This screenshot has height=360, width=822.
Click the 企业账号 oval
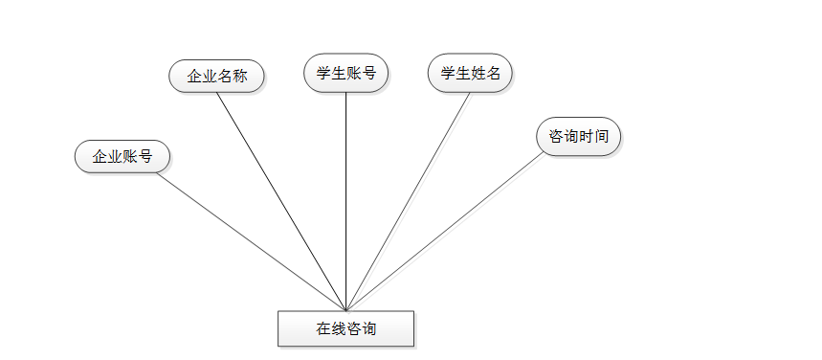pyautogui.click(x=122, y=156)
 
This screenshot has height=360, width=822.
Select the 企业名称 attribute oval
pyautogui.click(x=217, y=77)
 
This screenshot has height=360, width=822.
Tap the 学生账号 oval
pyautogui.click(x=345, y=73)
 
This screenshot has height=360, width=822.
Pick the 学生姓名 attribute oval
pyautogui.click(x=471, y=73)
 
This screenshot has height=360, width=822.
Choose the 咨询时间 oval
pyautogui.click(x=578, y=137)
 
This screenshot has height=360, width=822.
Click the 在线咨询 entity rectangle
pyautogui.click(x=345, y=328)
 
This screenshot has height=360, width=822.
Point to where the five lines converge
pyautogui.click(x=345, y=308)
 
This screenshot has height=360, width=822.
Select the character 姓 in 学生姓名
pyautogui.click(x=478, y=73)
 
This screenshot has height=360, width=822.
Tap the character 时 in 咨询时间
pyautogui.click(x=586, y=137)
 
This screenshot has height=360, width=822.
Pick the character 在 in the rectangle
pyautogui.click(x=323, y=328)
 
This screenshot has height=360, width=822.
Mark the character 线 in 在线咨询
pyautogui.click(x=339, y=328)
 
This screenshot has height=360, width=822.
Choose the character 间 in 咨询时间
pyautogui.click(x=601, y=137)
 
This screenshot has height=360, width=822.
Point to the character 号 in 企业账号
pyautogui.click(x=145, y=156)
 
